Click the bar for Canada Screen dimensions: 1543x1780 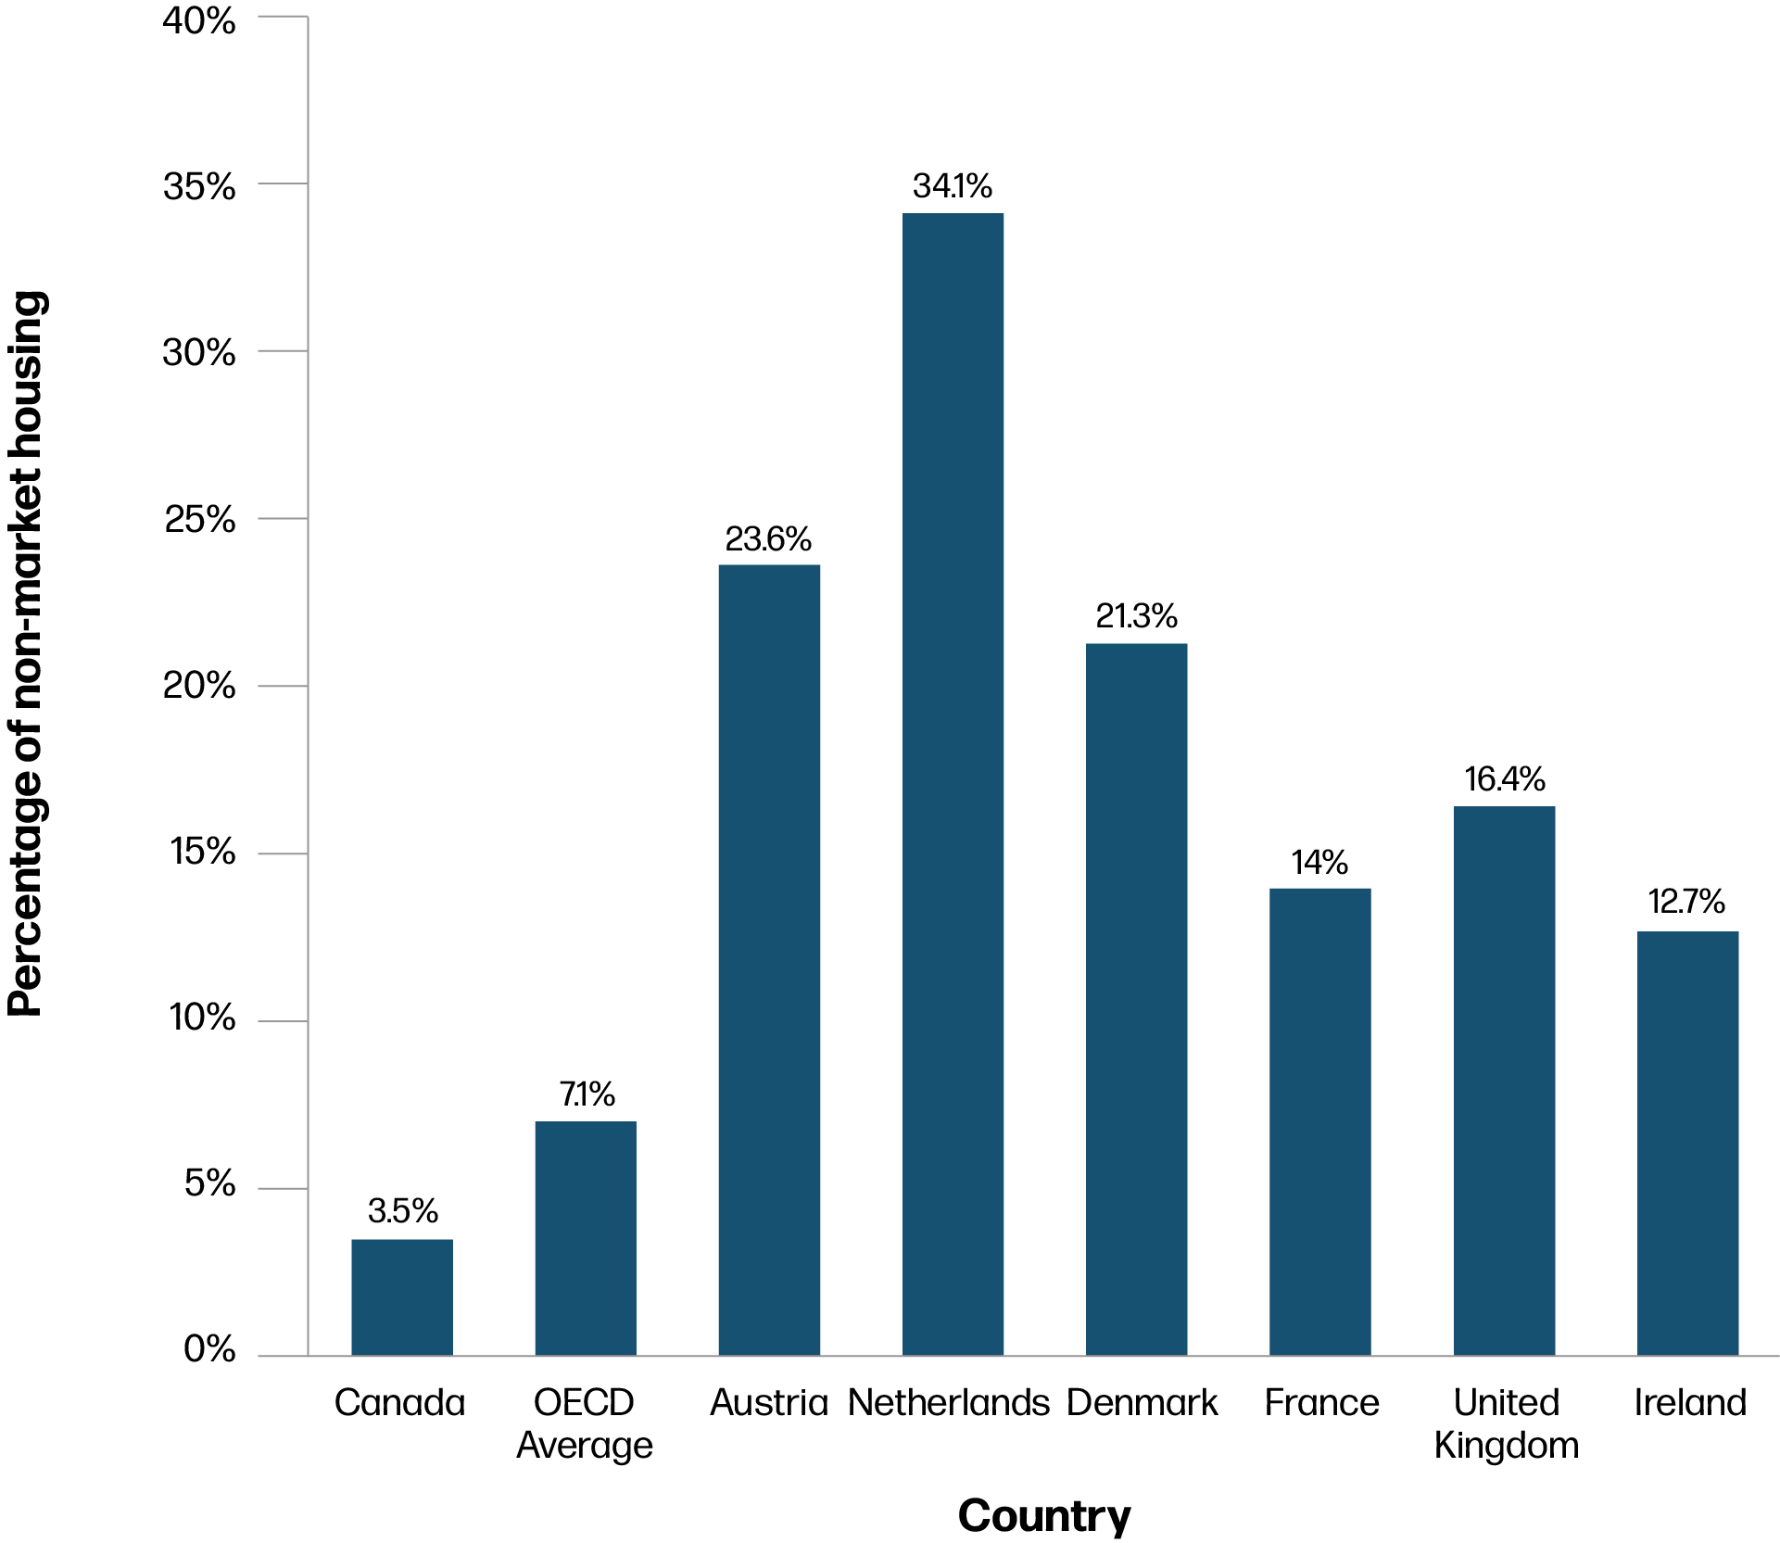(x=402, y=1296)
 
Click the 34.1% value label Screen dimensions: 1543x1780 (x=953, y=186)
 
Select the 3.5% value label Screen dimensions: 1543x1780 (x=402, y=1210)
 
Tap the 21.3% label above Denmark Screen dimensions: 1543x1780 (x=1136, y=616)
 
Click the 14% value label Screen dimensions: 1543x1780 (x=1319, y=863)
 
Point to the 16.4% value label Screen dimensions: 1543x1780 (x=1504, y=779)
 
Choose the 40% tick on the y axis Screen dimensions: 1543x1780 (x=199, y=20)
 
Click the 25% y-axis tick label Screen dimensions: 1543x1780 (x=199, y=520)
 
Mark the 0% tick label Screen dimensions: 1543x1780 (x=209, y=1349)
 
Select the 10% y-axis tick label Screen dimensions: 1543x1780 (x=202, y=1018)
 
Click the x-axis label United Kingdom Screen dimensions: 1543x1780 (x=1506, y=1423)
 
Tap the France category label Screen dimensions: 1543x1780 (x=1321, y=1403)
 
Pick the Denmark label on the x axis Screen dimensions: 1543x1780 (x=1142, y=1403)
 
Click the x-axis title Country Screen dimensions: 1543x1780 (x=1044, y=1516)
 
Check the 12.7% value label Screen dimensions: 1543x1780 (x=1686, y=902)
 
